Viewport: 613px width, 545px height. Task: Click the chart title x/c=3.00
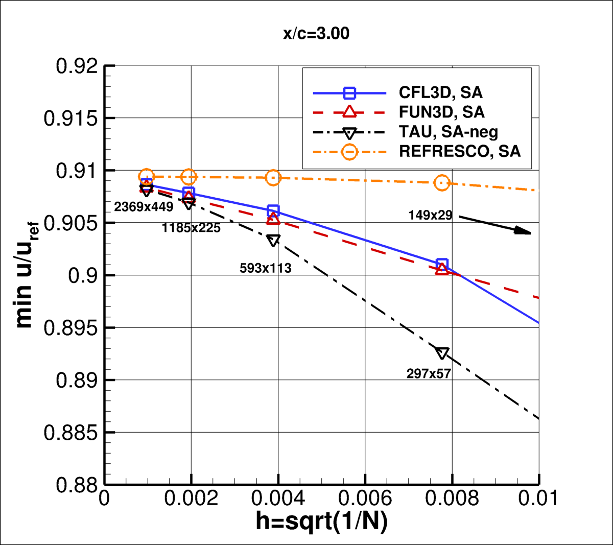[316, 34]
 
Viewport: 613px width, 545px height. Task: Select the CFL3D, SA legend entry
[440, 92]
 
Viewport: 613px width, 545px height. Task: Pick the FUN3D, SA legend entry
[441, 112]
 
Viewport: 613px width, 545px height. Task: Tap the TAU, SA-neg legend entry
[448, 132]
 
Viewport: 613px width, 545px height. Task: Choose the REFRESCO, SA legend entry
[460, 152]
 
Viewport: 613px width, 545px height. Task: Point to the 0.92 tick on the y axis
[77, 66]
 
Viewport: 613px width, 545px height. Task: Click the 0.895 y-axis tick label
[70, 328]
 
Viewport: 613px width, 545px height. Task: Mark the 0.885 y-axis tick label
[70, 433]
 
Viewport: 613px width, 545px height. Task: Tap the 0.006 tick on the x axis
[365, 499]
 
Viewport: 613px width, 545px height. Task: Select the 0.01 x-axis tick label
[537, 499]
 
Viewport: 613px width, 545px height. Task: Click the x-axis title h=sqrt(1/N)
[322, 522]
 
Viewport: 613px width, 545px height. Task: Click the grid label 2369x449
[144, 207]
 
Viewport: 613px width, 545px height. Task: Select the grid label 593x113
[266, 268]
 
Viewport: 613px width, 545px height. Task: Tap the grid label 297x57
[429, 374]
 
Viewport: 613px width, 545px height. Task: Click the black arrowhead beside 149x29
[523, 231]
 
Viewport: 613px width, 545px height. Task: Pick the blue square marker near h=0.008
[442, 264]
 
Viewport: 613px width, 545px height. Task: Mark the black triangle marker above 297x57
[442, 353]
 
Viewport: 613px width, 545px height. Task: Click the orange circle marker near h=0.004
[273, 177]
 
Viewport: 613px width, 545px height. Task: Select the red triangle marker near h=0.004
[273, 219]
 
